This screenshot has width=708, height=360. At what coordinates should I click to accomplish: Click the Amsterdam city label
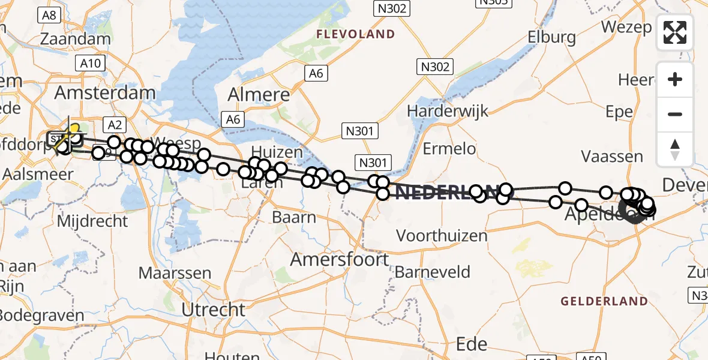105,93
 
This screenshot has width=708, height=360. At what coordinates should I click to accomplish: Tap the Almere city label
259,94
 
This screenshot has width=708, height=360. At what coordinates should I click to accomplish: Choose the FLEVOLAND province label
356,34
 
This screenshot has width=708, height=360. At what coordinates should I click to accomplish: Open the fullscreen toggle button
675,32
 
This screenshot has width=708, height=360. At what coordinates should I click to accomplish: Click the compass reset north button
675,148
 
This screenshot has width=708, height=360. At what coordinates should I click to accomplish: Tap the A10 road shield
91,62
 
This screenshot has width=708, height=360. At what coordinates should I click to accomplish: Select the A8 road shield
49,15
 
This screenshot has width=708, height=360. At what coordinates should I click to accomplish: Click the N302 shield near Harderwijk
435,67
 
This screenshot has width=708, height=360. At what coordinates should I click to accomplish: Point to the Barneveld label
432,272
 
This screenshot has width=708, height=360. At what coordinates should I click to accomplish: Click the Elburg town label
551,37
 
